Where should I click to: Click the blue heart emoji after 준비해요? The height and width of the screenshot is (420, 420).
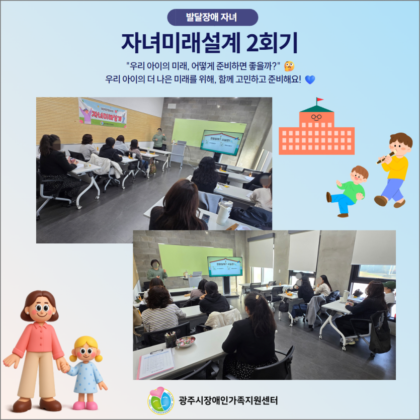pyautogui.click(x=310, y=79)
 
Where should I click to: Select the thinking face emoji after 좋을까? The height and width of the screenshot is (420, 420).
pyautogui.click(x=289, y=66)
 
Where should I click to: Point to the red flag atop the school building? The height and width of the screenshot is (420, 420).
pyautogui.click(x=319, y=100)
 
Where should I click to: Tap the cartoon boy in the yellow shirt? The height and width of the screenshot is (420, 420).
pyautogui.click(x=395, y=169)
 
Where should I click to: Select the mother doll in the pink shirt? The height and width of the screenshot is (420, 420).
pyautogui.click(x=37, y=347)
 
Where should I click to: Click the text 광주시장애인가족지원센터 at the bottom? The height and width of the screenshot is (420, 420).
pyautogui.click(x=228, y=401)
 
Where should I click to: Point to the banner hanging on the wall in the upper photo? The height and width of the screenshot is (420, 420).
pyautogui.click(x=103, y=112)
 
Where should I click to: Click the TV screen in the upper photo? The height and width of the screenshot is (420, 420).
pyautogui.click(x=222, y=142)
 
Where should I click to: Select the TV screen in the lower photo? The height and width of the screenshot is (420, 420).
pyautogui.click(x=224, y=267)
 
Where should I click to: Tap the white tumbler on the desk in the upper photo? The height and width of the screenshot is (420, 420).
pyautogui.click(x=224, y=213)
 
